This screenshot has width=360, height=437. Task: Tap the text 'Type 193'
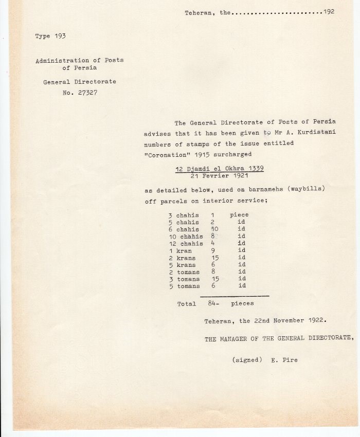tap(50, 36)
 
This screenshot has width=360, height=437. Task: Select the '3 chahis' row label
tap(184, 215)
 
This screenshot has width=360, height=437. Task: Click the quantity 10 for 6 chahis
tap(215, 229)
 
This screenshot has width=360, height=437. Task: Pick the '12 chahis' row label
tap(186, 244)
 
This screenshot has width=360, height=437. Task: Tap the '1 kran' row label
tap(180, 251)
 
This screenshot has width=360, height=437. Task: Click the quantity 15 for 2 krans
tap(215, 258)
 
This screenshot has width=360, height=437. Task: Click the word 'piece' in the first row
tap(239, 215)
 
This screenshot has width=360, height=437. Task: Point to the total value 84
tap(213, 304)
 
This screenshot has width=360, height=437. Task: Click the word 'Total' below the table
tap(186, 304)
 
